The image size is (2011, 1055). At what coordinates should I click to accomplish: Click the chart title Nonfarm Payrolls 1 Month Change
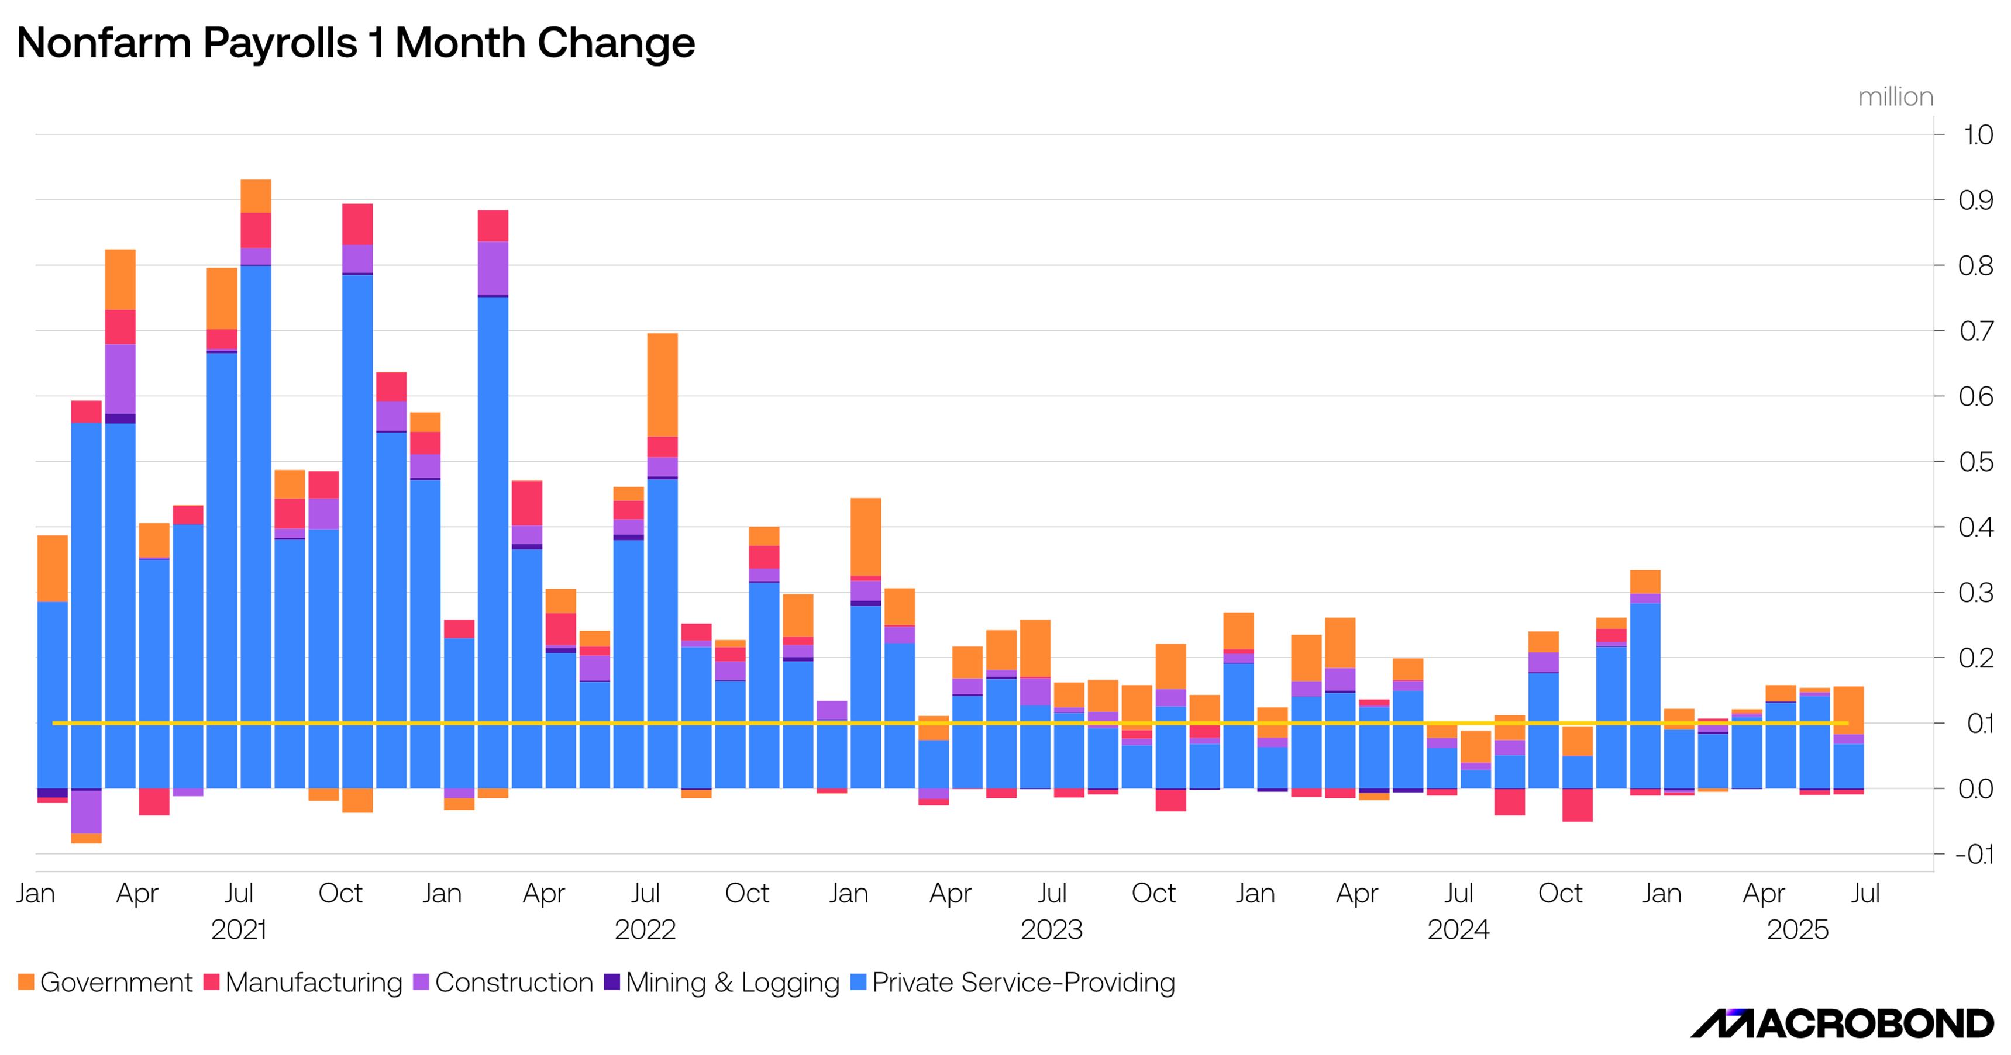click(x=355, y=43)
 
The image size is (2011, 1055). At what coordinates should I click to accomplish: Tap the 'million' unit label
click(x=1895, y=97)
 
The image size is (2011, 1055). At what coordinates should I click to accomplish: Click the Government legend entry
click(x=105, y=982)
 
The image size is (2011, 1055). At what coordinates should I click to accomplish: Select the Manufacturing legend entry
click(x=303, y=982)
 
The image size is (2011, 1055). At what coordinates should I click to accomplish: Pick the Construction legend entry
click(x=504, y=982)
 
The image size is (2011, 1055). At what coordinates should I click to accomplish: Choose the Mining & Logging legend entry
click(x=721, y=982)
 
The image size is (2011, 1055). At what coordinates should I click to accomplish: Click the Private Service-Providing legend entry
click(x=1013, y=982)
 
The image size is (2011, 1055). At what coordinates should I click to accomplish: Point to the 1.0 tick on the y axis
click(x=1978, y=135)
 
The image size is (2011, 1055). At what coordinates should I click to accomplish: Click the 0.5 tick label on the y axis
click(x=1976, y=462)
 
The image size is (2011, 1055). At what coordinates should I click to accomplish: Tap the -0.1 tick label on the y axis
click(x=1974, y=855)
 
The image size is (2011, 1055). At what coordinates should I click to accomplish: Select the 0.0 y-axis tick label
click(x=1976, y=789)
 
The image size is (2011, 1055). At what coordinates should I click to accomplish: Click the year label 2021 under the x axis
click(x=239, y=929)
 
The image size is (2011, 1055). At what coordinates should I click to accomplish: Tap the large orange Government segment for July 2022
click(x=663, y=385)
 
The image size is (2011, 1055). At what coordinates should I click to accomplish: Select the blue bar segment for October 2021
click(x=357, y=531)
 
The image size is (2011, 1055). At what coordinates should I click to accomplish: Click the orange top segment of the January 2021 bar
click(x=52, y=568)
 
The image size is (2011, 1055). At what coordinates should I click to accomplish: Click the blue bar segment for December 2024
click(x=1645, y=696)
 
